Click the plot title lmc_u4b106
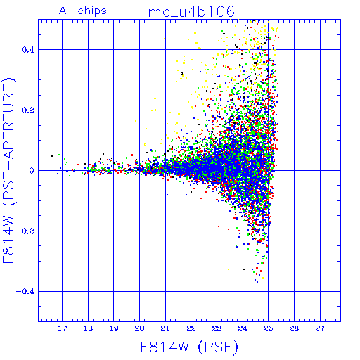(190, 11)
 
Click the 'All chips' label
(83, 11)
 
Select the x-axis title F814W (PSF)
(189, 347)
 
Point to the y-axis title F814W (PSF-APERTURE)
(9, 170)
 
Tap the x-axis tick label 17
(63, 328)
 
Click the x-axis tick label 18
(88, 328)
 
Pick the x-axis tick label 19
(114, 328)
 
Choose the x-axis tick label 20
(139, 328)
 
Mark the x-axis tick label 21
(165, 328)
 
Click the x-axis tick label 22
(191, 328)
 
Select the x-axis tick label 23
(217, 328)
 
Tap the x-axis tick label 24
(243, 328)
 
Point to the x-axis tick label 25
(268, 328)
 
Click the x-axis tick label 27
(320, 328)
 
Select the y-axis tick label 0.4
(28, 50)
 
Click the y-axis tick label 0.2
(28, 110)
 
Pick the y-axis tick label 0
(32, 171)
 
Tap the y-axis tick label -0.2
(25, 231)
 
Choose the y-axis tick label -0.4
(25, 292)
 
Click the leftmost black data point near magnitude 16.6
(52, 156)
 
